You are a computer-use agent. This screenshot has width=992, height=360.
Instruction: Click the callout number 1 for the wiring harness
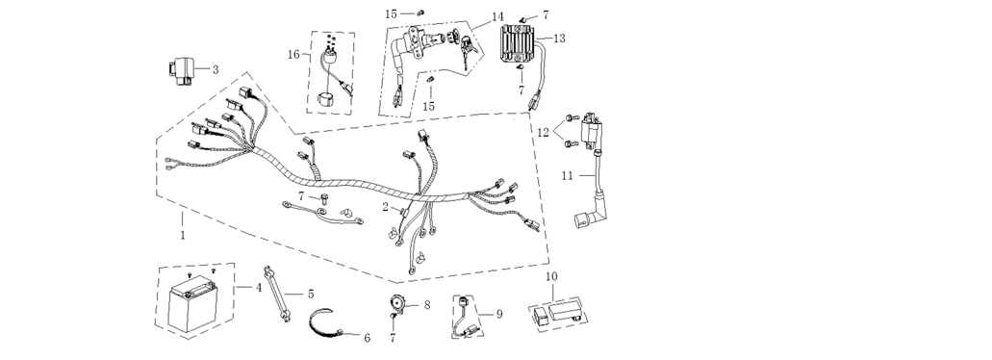coord(183,236)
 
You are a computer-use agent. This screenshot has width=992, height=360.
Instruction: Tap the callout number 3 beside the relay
coord(216,69)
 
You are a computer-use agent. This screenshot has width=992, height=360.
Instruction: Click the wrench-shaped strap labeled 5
coord(276,294)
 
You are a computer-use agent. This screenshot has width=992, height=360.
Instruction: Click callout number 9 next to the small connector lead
coord(499,314)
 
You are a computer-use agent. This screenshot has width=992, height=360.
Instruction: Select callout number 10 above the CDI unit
coord(551,276)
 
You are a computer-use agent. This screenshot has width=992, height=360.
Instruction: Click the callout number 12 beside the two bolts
coord(544,133)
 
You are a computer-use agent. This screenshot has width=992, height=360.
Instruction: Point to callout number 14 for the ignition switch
coord(497,16)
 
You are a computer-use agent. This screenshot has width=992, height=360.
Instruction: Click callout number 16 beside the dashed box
coord(293,55)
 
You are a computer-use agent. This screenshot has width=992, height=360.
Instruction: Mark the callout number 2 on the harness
coord(385,207)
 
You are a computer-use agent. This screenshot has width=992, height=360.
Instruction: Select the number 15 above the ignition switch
coord(391,13)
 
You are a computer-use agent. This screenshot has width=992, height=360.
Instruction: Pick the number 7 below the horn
coord(393,338)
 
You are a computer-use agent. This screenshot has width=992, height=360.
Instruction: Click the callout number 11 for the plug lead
coord(567,175)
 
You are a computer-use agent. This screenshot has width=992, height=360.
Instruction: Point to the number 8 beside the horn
coord(427,305)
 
